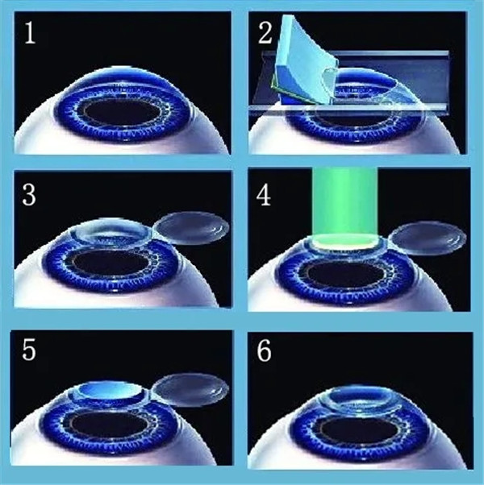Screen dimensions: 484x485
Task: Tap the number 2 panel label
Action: coord(265,32)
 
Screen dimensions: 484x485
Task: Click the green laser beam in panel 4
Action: coord(345,204)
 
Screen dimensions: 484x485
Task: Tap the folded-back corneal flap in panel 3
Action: coord(191,227)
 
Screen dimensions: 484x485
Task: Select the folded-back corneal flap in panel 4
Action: coord(428,238)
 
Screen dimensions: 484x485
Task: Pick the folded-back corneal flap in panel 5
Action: coord(190,390)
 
